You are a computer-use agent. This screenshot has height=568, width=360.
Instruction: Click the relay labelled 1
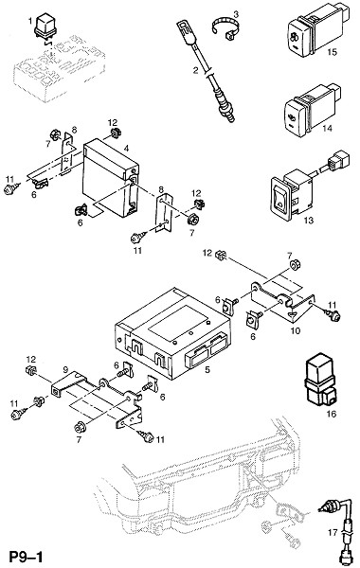[45, 25]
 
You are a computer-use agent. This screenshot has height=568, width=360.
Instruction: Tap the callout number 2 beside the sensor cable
[196, 70]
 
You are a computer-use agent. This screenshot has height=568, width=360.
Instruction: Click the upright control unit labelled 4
[111, 178]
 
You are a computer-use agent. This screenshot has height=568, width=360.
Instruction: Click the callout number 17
[333, 532]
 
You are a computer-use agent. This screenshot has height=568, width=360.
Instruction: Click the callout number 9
[65, 369]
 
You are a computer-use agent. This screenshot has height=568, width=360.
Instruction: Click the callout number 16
[332, 414]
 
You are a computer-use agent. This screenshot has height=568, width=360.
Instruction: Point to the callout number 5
[207, 370]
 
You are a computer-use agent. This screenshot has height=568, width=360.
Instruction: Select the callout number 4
[126, 149]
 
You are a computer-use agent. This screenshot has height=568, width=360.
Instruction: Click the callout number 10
[296, 330]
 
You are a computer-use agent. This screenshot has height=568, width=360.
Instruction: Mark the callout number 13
[309, 221]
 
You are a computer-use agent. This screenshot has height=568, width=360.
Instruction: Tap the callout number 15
[332, 52]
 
